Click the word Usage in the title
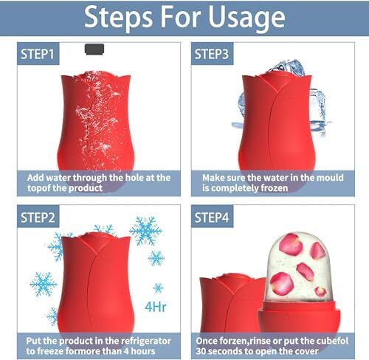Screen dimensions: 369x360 click(246, 17)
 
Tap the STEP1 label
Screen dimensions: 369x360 click(38, 54)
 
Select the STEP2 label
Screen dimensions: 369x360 click(38, 218)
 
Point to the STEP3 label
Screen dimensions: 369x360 click(212, 54)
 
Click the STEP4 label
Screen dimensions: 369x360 click(212, 218)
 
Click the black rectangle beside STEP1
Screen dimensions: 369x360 click(94, 49)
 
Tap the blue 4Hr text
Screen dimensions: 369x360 click(156, 307)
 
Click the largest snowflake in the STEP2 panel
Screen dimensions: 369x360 click(145, 231)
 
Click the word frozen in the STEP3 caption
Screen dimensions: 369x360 click(275, 188)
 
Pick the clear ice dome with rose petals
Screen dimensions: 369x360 click(299, 267)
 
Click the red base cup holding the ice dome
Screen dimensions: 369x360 click(299, 319)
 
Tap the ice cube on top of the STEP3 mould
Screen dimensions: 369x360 click(286, 67)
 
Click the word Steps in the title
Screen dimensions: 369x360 click(118, 18)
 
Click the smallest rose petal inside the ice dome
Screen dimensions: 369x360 click(321, 291)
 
